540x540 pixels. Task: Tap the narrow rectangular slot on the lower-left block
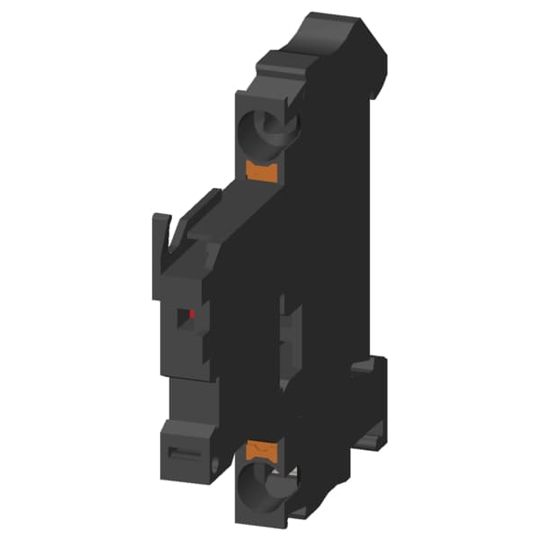(x=185, y=447)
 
